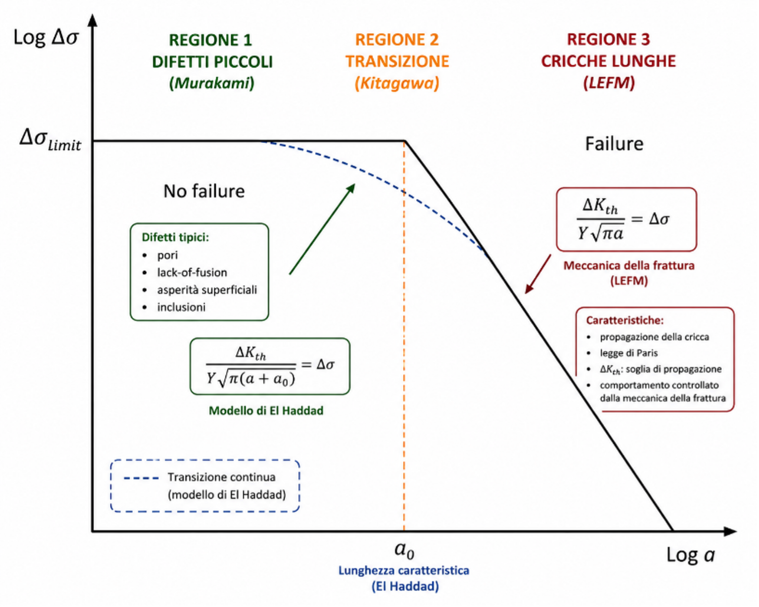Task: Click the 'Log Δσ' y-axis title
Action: coord(46,37)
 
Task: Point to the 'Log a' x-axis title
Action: coord(690,555)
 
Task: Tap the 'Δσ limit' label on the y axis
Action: coord(50,140)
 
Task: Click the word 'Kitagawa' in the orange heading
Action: coord(397,83)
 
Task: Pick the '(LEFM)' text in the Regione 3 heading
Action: coord(609,83)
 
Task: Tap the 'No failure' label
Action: coord(204,191)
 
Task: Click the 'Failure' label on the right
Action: coord(615,144)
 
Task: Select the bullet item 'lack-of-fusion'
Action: coord(192,273)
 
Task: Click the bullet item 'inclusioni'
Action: coord(181,307)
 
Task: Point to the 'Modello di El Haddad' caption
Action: coord(266,411)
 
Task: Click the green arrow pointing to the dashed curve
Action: coord(322,229)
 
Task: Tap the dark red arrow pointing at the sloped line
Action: coord(538,274)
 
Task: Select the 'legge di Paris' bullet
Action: coord(629,353)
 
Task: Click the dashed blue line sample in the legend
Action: coord(141,478)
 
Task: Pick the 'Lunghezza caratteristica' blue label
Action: coord(404,571)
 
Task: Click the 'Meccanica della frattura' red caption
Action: coord(629,265)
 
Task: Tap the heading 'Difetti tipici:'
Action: coord(176,237)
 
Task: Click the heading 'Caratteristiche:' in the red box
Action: coord(625,320)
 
